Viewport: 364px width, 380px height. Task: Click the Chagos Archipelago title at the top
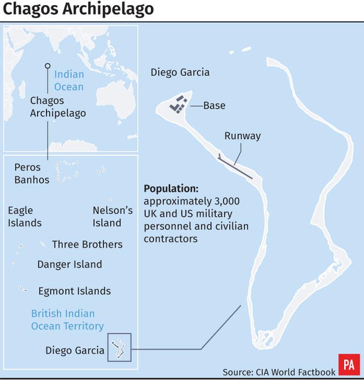78,10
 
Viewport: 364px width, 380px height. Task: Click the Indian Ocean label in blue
69,81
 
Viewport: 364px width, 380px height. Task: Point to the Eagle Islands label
24,217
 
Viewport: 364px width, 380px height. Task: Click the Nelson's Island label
113,217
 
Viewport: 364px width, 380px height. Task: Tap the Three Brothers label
87,245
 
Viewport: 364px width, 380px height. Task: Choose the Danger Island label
69,265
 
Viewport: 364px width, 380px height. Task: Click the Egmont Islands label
75,291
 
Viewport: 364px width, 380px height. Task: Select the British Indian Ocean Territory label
67,320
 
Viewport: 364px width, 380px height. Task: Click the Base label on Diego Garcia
214,106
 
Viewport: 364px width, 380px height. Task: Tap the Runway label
242,136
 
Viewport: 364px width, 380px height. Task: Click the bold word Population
171,189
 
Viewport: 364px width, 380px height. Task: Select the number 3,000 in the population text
226,201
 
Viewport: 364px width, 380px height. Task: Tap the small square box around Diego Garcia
119,346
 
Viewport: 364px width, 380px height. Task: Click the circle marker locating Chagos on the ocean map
48,66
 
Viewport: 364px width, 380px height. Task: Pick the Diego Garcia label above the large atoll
180,72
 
